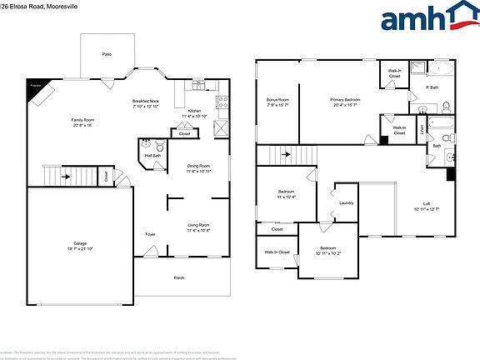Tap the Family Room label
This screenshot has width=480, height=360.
pyautogui.click(x=82, y=122)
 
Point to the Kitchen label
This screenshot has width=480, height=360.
pyautogui.click(x=193, y=112)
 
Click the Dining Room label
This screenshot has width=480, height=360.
pyautogui.click(x=198, y=168)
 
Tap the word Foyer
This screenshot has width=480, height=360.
pyautogui.click(x=151, y=234)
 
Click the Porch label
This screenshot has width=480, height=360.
pyautogui.click(x=178, y=277)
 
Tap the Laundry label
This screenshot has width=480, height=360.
pyautogui.click(x=347, y=202)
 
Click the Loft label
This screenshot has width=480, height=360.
pyautogui.click(x=426, y=206)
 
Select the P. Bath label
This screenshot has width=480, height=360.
pyautogui.click(x=432, y=87)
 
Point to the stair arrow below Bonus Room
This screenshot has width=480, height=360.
pyautogui.click(x=286, y=154)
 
